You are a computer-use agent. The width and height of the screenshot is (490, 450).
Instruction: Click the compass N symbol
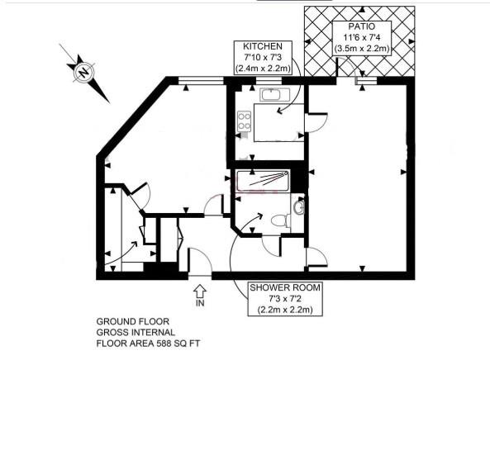pos(83,73)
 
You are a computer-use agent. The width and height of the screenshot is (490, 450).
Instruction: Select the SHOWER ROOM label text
pos(284,287)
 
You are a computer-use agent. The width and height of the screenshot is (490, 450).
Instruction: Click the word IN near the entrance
pos(200,303)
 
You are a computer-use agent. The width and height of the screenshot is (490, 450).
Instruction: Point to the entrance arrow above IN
pos(200,290)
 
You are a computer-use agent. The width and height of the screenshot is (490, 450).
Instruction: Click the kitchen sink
pos(273,96)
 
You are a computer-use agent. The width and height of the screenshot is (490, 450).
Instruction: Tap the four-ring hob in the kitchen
pos(245,123)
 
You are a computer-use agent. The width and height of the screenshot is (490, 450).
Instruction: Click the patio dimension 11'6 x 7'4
pos(362,38)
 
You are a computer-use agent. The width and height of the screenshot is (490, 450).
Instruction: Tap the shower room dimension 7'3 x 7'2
pos(284,298)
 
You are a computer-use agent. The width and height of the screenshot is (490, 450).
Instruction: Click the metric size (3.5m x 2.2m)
pos(362,49)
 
